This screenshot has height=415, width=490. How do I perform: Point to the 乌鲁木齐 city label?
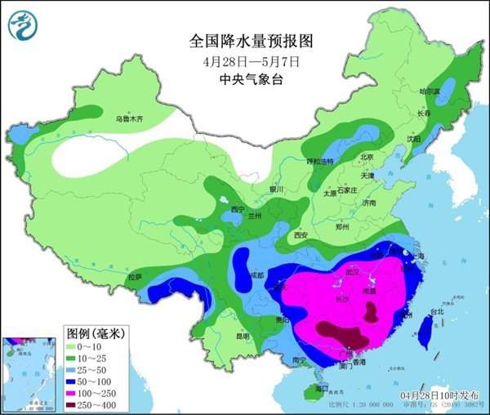pyautogui.click(x=129, y=119)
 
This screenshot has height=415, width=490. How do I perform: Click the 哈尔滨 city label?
pyautogui.click(x=430, y=91)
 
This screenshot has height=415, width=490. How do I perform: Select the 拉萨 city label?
pyautogui.click(x=135, y=277)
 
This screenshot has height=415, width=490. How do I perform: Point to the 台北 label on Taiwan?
pyautogui.click(x=436, y=311)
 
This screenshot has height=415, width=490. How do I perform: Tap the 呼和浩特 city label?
pyautogui.click(x=320, y=162)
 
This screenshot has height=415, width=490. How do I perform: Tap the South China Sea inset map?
pyautogui.click(x=29, y=373)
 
